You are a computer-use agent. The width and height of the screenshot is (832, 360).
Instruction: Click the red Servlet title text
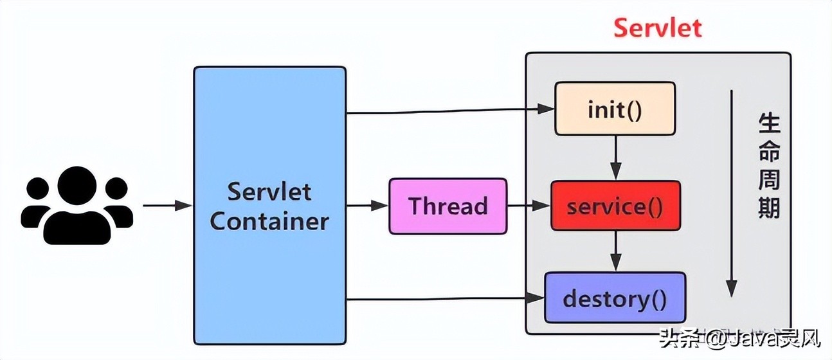(658, 28)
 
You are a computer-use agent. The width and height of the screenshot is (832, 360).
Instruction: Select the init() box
(615, 109)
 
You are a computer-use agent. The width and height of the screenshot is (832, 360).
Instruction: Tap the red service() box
(615, 206)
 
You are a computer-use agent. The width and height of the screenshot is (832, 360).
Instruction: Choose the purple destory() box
(615, 298)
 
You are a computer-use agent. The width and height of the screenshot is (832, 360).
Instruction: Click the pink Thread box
(448, 206)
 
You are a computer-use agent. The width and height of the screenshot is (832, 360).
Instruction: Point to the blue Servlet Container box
(269, 206)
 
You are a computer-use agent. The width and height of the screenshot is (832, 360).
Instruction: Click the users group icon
(77, 205)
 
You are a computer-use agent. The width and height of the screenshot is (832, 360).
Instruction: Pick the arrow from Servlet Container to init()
(450, 111)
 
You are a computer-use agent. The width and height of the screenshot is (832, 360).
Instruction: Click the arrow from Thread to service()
(529, 206)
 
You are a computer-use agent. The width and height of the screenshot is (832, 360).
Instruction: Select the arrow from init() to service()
(616, 158)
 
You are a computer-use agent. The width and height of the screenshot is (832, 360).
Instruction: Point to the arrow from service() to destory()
(616, 251)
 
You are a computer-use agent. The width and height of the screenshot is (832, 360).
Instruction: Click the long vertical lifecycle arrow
(731, 193)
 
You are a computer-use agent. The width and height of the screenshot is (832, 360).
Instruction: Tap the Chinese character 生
(769, 123)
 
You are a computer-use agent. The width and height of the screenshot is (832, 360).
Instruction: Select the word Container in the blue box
(269, 222)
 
